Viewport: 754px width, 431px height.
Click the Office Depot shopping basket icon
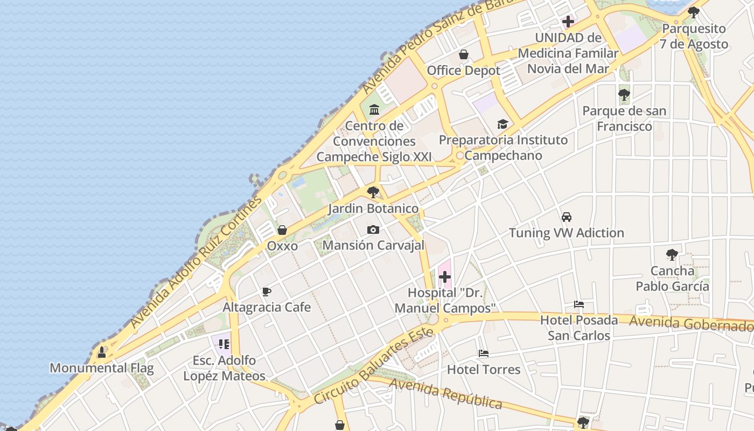463,54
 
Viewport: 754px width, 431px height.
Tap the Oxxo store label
282,246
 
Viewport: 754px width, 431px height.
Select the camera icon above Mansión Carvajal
373,230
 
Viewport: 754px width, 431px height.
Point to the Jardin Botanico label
373,208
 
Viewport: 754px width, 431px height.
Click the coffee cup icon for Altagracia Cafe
266,292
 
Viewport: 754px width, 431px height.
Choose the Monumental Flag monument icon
102,352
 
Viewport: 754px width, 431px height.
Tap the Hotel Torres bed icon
484,354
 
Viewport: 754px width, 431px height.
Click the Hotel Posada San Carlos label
579,328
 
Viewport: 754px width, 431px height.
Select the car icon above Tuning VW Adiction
566,217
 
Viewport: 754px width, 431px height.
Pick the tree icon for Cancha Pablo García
672,255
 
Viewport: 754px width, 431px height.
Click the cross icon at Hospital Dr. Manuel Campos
445,277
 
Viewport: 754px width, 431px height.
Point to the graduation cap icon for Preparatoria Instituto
502,124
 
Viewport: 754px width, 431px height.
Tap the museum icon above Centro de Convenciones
374,110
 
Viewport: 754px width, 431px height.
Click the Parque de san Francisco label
624,119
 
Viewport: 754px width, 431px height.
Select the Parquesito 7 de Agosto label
694,36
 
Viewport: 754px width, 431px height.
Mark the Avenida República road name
446,394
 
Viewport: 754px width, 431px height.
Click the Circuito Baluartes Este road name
373,366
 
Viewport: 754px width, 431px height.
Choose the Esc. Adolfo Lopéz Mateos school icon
224,344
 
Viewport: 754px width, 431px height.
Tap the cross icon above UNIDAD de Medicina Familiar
568,22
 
